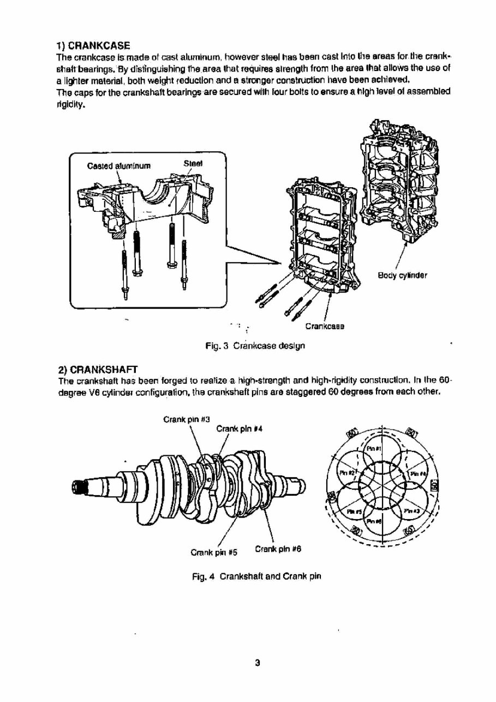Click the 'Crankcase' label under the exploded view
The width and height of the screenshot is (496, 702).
point(324,326)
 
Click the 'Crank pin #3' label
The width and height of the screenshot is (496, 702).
point(180,420)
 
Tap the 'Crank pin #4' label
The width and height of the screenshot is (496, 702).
point(233,429)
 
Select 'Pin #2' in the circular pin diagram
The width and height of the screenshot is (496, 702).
point(348,471)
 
